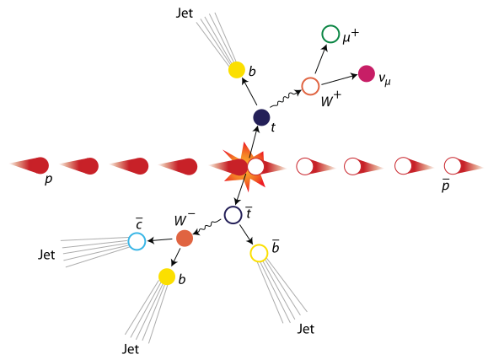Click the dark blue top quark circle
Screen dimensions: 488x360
coord(261,118)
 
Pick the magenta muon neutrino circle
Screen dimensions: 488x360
coord(367,74)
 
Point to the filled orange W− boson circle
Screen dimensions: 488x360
coord(185,239)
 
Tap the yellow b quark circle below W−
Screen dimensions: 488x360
coord(167,277)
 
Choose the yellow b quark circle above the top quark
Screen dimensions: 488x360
coord(237,70)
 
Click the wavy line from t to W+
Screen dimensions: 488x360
coord(286,99)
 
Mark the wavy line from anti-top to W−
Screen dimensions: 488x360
coord(207,227)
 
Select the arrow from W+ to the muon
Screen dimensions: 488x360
coord(321,59)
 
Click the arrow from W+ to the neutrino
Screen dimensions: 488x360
coord(339,79)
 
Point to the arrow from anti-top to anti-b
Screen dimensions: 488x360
coord(246,234)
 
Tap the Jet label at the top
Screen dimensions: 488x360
coord(185,13)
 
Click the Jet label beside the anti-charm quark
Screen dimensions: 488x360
coord(46,255)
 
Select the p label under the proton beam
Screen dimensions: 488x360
coord(48,180)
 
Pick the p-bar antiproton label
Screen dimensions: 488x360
coord(446,185)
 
